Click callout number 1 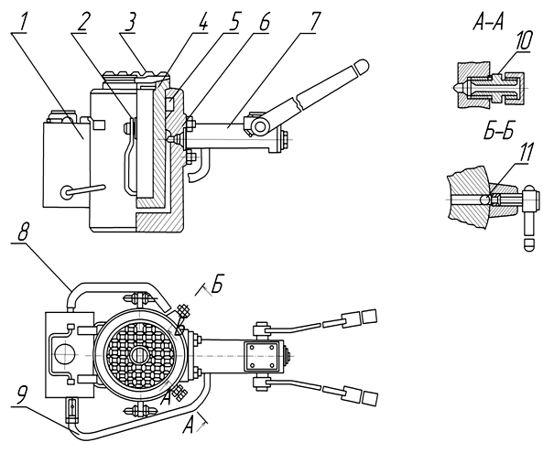coord(22,21)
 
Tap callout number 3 coord(129,22)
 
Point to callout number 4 coord(201,22)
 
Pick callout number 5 coord(232,22)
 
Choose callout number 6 coord(263,22)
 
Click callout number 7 coord(313,22)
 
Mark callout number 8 coord(22,232)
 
